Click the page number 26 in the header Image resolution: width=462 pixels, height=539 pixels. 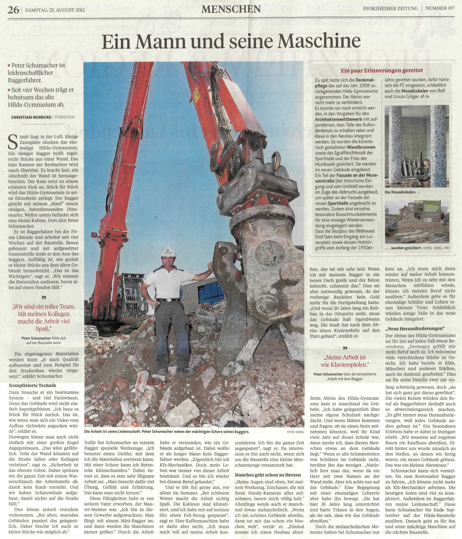pos(13,10)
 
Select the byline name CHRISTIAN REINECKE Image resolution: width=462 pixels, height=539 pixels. pos(31,117)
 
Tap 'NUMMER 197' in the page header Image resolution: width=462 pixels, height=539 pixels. pos(440,8)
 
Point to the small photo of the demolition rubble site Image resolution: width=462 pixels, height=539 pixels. pos(417,222)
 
